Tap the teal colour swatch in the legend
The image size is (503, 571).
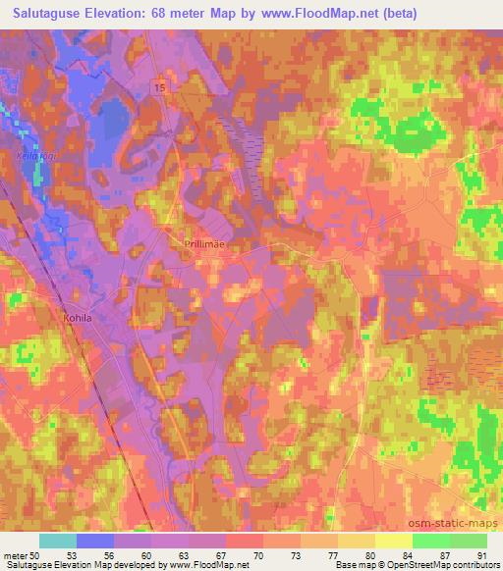point(58,541)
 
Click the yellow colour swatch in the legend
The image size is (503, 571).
point(393,541)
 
